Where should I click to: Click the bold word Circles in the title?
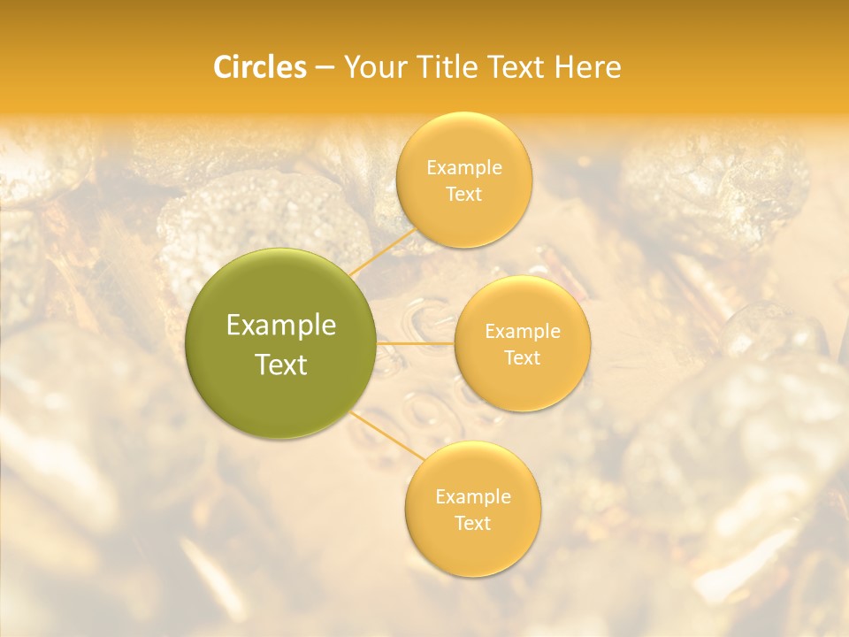(259, 67)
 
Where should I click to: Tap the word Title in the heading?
(449, 67)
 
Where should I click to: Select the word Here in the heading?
(588, 67)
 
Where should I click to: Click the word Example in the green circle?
(281, 326)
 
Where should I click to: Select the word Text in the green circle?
(281, 365)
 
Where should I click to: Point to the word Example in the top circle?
(463, 168)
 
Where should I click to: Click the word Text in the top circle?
(463, 194)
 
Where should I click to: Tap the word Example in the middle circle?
(522, 332)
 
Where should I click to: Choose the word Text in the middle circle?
(522, 357)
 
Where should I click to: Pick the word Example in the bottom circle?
(472, 497)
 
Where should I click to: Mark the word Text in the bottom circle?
(472, 523)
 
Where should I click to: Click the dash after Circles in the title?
(324, 67)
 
